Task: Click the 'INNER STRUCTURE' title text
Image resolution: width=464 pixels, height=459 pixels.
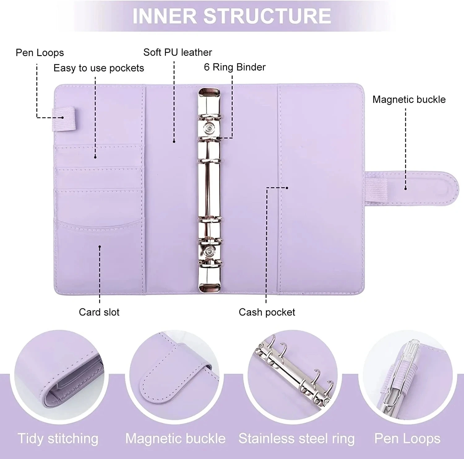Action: [x=232, y=16]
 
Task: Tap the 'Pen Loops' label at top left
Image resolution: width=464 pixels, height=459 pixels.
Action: [x=40, y=53]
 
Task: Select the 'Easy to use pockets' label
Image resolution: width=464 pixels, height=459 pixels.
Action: [x=99, y=68]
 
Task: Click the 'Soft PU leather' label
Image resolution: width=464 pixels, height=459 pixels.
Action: [x=178, y=52]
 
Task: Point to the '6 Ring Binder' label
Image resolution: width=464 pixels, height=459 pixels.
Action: [x=234, y=67]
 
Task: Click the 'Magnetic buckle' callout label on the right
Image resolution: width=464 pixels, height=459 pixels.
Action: [x=409, y=99]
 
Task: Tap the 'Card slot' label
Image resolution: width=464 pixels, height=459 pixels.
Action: [x=99, y=312]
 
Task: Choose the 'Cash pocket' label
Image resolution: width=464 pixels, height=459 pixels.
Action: [x=267, y=312]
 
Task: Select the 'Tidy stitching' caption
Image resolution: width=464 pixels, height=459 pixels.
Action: [x=58, y=439]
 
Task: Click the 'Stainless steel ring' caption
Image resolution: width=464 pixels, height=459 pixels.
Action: [x=296, y=439]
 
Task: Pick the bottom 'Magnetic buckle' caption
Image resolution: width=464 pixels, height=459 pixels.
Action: [x=175, y=439]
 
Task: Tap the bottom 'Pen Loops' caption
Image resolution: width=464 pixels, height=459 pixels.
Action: [x=407, y=439]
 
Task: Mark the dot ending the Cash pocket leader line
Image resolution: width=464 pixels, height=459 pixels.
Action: [x=287, y=188]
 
